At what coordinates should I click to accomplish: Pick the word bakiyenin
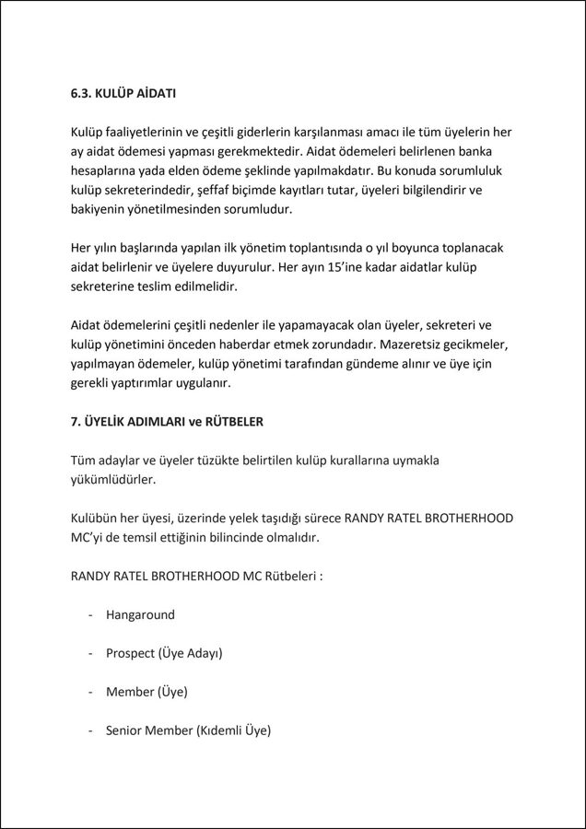coord(101,209)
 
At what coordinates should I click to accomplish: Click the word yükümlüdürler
coord(113,479)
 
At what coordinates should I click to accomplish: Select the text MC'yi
coord(89,537)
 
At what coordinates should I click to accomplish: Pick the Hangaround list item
coord(140,614)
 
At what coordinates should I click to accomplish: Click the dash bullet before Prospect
coord(90,653)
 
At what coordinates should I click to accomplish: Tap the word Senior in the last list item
coord(126,730)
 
